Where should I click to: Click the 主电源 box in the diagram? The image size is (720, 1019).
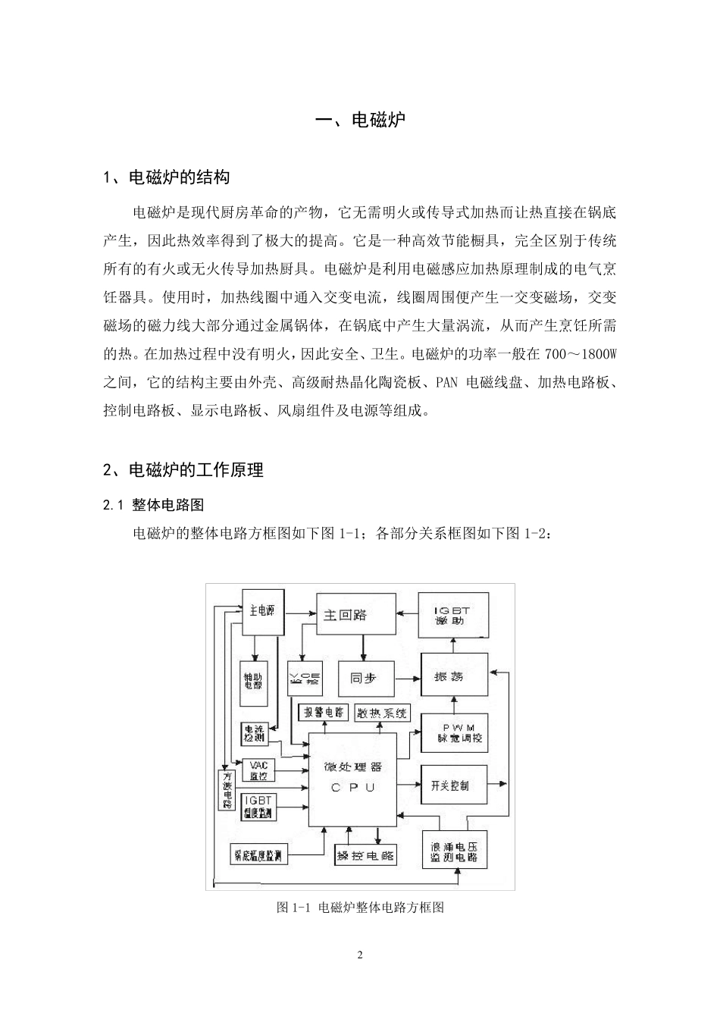pyautogui.click(x=261, y=611)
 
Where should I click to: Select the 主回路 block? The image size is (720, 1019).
pyautogui.click(x=355, y=615)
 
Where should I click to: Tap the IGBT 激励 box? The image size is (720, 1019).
pyautogui.click(x=454, y=615)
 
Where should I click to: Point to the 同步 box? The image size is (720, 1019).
pyautogui.click(x=363, y=678)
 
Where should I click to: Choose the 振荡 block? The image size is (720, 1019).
pyautogui.click(x=452, y=676)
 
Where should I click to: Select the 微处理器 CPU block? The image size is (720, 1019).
pyautogui.click(x=352, y=779)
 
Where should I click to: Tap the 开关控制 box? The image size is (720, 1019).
pyautogui.click(x=454, y=785)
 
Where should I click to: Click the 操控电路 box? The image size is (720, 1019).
pyautogui.click(x=365, y=856)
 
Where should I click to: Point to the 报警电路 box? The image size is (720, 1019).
pyautogui.click(x=323, y=713)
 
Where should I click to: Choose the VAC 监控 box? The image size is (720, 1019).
pyautogui.click(x=258, y=770)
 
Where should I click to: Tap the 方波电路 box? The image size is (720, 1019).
pyautogui.click(x=225, y=791)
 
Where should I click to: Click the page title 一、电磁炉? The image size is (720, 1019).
pyautogui.click(x=359, y=120)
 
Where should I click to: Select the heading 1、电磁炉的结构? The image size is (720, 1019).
pyautogui.click(x=166, y=178)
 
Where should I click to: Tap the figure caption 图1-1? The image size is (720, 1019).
pyautogui.click(x=360, y=907)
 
